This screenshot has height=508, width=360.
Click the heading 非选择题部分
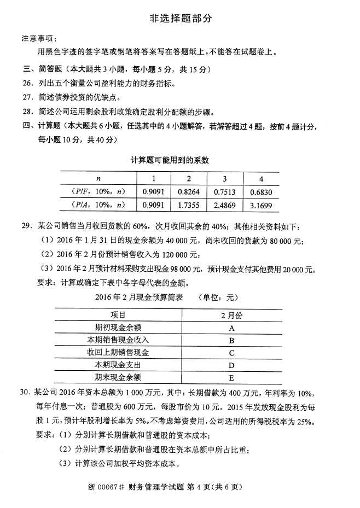180,19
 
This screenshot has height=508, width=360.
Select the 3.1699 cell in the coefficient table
261,206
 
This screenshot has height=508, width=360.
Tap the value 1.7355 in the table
188,206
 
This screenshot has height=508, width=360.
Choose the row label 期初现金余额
118,328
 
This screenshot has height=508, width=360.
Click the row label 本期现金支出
118,365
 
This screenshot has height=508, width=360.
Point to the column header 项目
118,316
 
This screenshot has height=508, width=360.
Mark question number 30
26,393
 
